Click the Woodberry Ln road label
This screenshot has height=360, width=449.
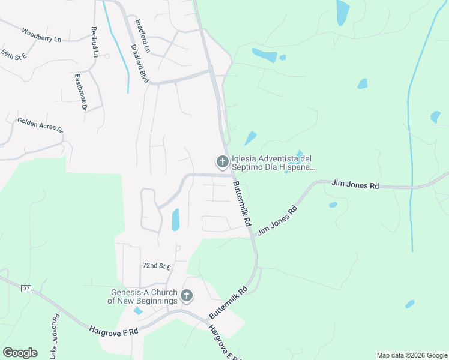pyautogui.click(x=41, y=35)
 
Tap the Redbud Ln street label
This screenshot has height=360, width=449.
pyautogui.click(x=95, y=41)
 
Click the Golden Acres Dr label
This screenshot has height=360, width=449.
pyautogui.click(x=40, y=125)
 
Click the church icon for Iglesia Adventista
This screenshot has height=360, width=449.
pyautogui.click(x=222, y=161)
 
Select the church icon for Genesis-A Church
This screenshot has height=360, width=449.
pyautogui.click(x=187, y=295)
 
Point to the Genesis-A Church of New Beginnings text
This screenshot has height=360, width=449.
pyautogui.click(x=143, y=296)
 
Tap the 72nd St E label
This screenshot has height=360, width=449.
pyautogui.click(x=157, y=265)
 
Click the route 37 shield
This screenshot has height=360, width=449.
pyautogui.click(x=26, y=289)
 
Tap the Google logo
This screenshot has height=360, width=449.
pyautogui.click(x=20, y=353)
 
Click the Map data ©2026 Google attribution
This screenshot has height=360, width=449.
pyautogui.click(x=411, y=355)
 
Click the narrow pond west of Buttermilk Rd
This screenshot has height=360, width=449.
pyautogui.click(x=176, y=220)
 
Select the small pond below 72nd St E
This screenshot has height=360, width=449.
pyautogui.click(x=139, y=311)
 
